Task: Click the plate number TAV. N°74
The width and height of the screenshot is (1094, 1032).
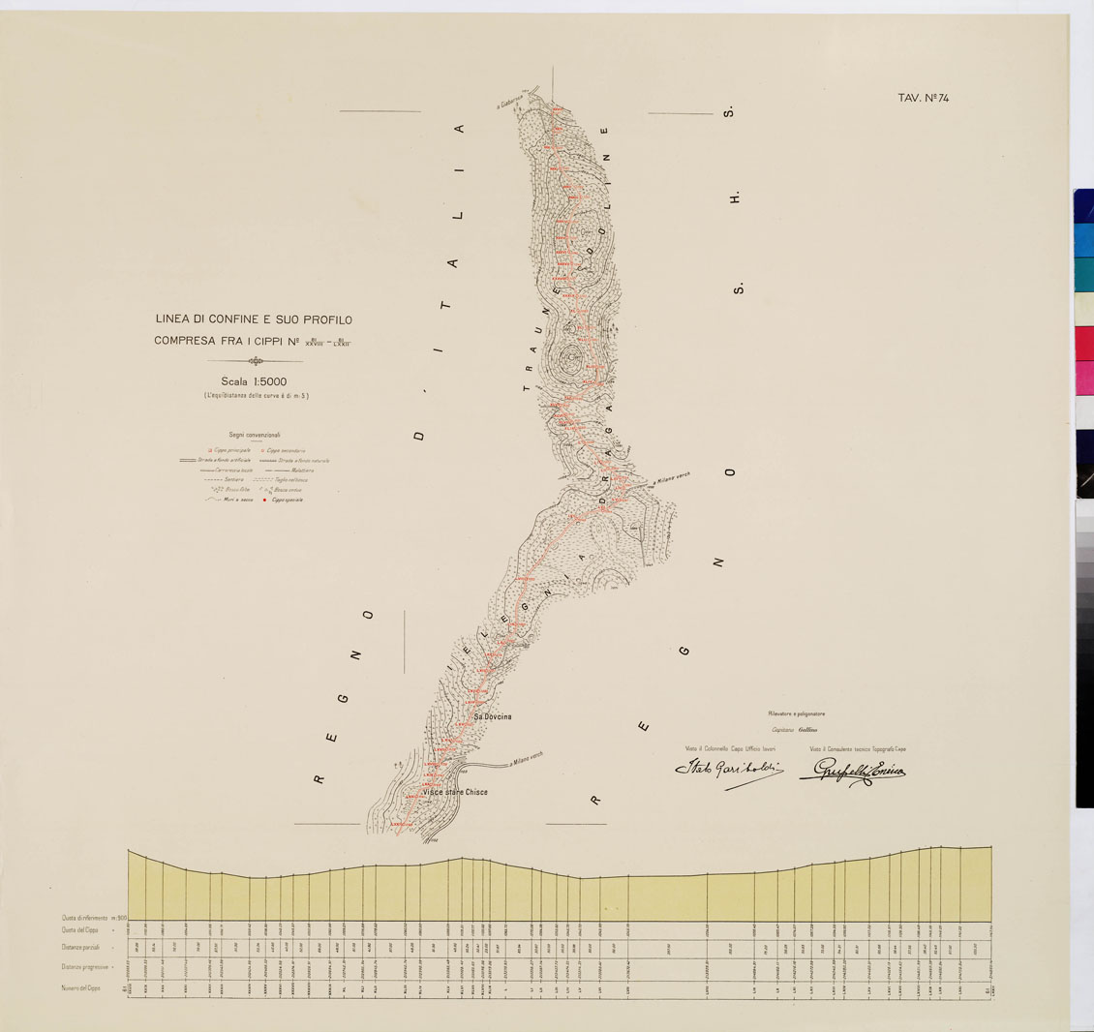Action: (x=928, y=98)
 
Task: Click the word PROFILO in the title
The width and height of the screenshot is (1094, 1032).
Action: (x=325, y=319)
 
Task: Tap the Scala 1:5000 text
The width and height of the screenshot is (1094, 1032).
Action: (x=254, y=381)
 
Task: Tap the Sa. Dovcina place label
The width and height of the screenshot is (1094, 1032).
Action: (x=492, y=716)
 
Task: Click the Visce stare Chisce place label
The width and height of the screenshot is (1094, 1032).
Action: (x=454, y=792)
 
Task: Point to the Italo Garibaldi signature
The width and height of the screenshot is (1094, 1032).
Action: (x=727, y=771)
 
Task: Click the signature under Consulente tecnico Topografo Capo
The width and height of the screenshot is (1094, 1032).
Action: (x=852, y=772)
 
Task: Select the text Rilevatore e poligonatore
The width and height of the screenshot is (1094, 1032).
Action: (x=796, y=714)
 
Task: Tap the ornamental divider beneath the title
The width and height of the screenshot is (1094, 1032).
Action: (x=255, y=361)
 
